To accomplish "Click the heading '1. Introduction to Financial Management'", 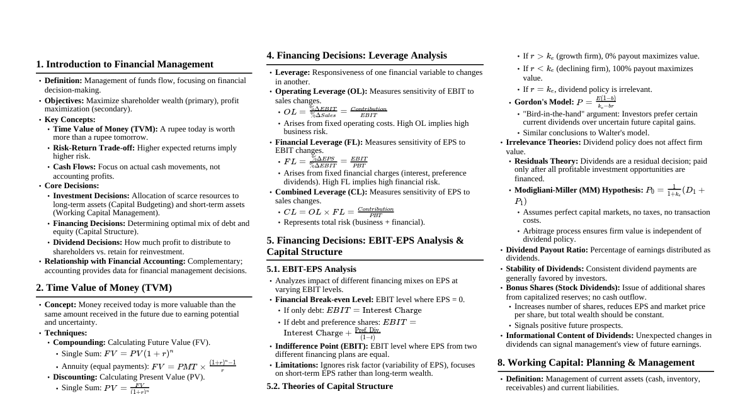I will click(125, 64).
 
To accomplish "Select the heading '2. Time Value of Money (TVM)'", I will click(104, 288).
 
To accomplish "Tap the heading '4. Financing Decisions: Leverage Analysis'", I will click(356, 55).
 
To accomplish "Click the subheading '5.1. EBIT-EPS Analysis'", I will click(311, 269).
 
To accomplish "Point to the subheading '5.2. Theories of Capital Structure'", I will click(329, 386).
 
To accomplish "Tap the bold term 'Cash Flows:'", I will click(74, 167).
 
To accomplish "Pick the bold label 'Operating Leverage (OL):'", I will click(321, 91).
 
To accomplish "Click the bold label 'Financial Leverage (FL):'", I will click(319, 142).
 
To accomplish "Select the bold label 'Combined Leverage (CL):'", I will click(321, 192).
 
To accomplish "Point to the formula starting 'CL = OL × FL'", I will click(338, 212).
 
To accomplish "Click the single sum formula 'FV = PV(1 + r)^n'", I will click(139, 354).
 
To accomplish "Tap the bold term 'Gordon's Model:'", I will click(544, 102).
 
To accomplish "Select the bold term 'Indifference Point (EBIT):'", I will click(322, 346).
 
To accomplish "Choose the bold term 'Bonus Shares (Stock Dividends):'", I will click(563, 288).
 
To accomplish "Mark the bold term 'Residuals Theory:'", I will click(546, 161).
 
